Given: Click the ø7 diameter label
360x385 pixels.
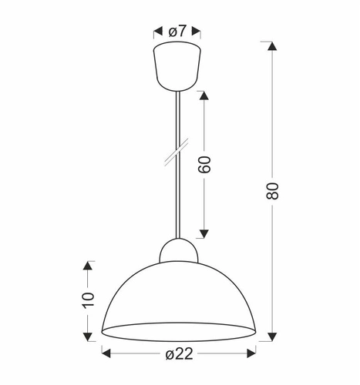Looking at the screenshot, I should (x=179, y=31).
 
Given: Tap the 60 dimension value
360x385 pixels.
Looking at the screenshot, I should (x=205, y=165).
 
